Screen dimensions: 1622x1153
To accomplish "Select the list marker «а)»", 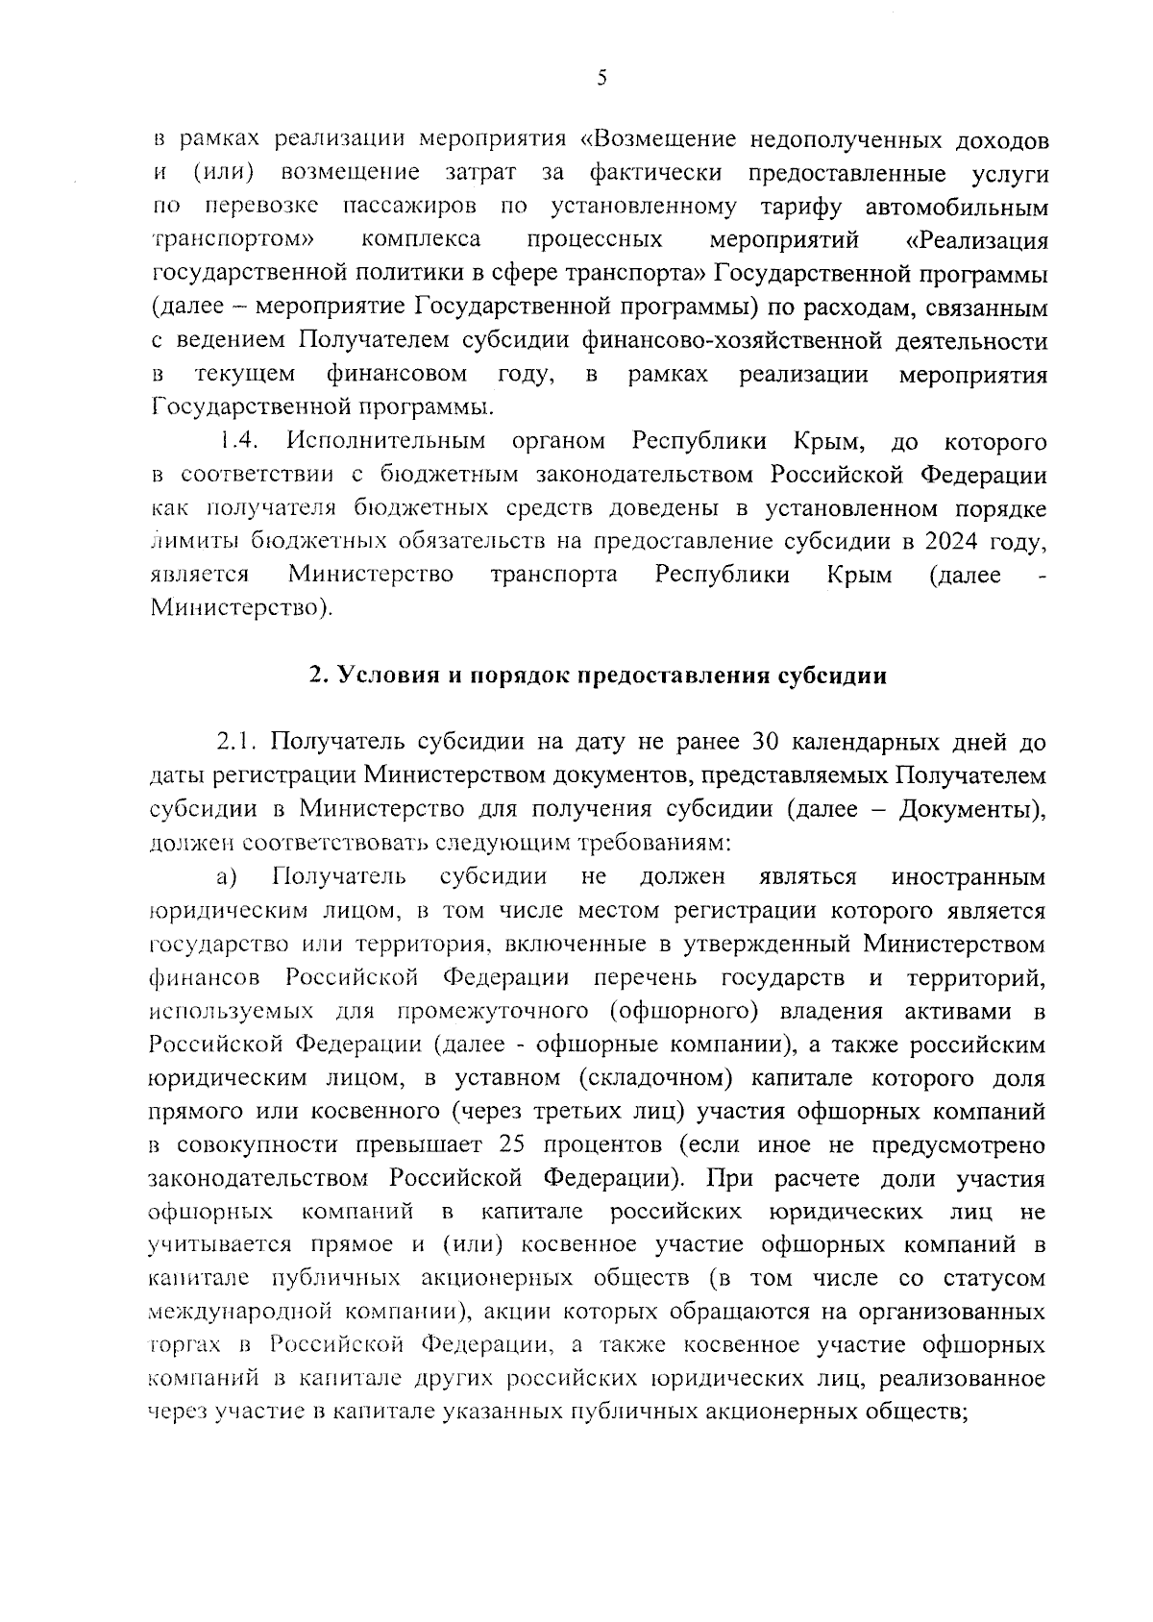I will (226, 876).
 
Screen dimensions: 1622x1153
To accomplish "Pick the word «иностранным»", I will (969, 876).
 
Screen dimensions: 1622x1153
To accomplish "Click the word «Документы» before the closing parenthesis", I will (965, 809).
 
